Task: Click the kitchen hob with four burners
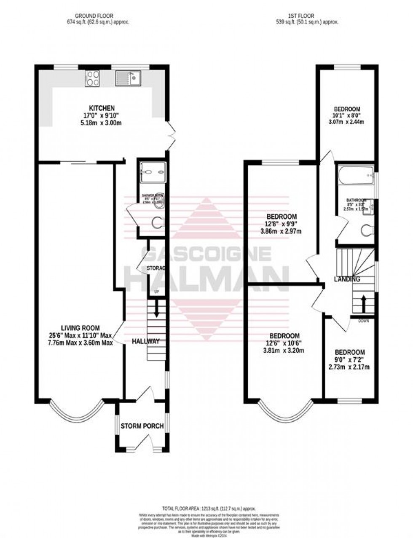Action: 93,78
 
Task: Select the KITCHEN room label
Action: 99,108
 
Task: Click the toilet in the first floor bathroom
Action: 368,230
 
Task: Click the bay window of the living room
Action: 76,413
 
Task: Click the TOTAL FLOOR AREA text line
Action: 209,509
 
